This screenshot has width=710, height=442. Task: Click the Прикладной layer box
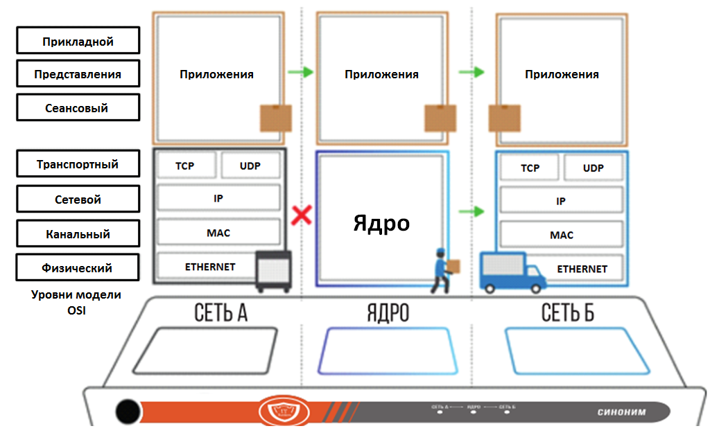point(78,42)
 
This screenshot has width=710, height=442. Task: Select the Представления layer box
point(78,74)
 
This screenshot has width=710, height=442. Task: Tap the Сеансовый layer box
point(78,108)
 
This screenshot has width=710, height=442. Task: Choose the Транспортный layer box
point(78,165)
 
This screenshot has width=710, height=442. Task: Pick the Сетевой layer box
point(78,200)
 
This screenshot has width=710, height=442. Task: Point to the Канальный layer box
point(78,234)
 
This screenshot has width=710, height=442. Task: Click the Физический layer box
point(78,268)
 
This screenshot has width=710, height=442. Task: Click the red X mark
point(301,215)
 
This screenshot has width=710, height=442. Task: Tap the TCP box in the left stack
point(185,166)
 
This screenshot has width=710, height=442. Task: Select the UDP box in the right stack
point(593,168)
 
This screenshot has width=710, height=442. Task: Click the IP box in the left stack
point(218,197)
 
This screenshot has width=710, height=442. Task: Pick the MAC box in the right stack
point(561,235)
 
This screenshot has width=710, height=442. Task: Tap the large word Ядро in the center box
point(381,223)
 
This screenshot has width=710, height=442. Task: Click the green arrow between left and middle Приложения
point(301,71)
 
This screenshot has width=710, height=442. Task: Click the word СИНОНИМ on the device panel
point(621,412)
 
